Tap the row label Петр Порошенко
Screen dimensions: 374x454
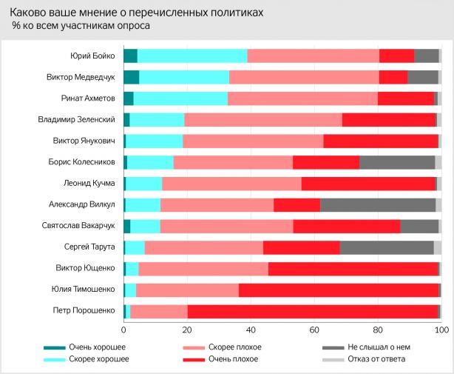click(x=85, y=311)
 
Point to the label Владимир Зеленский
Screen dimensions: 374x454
click(x=78, y=119)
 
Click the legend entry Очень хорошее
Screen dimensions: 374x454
click(x=97, y=347)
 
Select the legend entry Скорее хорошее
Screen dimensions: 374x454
click(x=98, y=359)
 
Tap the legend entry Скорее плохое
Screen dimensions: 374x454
click(x=235, y=347)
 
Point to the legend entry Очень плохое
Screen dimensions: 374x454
click(x=234, y=359)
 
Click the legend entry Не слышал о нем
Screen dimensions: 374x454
click(x=378, y=347)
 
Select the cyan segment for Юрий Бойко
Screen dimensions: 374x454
click(x=192, y=56)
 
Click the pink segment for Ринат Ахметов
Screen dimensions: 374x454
click(x=302, y=98)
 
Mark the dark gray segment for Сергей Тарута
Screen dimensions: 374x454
click(x=387, y=247)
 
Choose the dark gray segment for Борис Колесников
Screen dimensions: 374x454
click(x=397, y=161)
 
